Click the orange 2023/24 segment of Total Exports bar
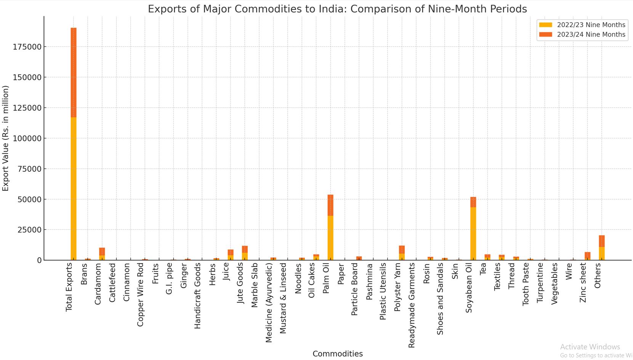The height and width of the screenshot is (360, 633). point(74,72)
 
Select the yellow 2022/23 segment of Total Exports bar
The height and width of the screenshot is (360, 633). point(74,189)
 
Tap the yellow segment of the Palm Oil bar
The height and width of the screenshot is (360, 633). point(330,238)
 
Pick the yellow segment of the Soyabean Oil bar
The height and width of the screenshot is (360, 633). point(473,234)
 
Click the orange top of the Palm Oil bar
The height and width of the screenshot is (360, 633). point(330,205)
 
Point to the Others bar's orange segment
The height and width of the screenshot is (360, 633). point(602,241)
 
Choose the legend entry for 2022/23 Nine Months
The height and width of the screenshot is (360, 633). point(582,25)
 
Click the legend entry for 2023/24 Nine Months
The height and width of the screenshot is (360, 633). point(582,34)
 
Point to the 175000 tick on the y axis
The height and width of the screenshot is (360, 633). point(27,47)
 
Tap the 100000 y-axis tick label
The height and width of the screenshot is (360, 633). point(27,138)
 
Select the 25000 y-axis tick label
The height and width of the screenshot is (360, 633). point(29,230)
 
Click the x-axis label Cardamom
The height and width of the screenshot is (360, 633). point(98,284)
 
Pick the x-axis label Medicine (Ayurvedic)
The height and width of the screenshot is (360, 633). point(269,302)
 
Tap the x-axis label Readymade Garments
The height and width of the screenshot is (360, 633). point(412,305)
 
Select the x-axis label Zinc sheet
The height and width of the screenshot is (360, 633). point(583,283)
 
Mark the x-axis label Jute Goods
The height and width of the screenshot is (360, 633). point(240,283)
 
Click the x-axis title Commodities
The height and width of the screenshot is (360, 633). point(337,354)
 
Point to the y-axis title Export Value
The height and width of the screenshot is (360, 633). point(5,138)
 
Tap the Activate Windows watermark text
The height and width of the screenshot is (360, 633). point(590,347)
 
